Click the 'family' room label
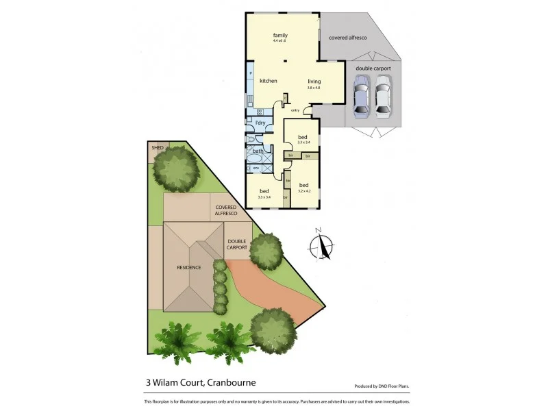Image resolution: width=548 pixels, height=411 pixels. click(x=279, y=34)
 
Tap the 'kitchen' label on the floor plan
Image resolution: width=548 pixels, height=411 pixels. click(x=268, y=81)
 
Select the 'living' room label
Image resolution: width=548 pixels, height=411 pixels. click(x=314, y=81)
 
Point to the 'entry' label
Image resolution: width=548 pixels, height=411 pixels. click(x=295, y=110)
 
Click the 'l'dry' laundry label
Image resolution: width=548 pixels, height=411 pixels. click(x=260, y=123)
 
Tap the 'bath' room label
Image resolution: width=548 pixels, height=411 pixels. click(x=258, y=151)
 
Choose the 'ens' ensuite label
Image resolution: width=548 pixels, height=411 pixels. click(x=256, y=167)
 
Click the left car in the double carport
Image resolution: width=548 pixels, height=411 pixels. click(x=361, y=97)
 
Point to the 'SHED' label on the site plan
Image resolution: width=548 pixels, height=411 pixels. click(x=158, y=147)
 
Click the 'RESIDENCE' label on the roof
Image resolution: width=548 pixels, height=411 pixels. click(x=188, y=267)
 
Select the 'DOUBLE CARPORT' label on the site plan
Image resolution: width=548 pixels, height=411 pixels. click(x=237, y=244)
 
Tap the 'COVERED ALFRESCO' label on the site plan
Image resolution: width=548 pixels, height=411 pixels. click(x=226, y=210)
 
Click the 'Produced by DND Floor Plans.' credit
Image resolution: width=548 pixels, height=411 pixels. click(x=382, y=386)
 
